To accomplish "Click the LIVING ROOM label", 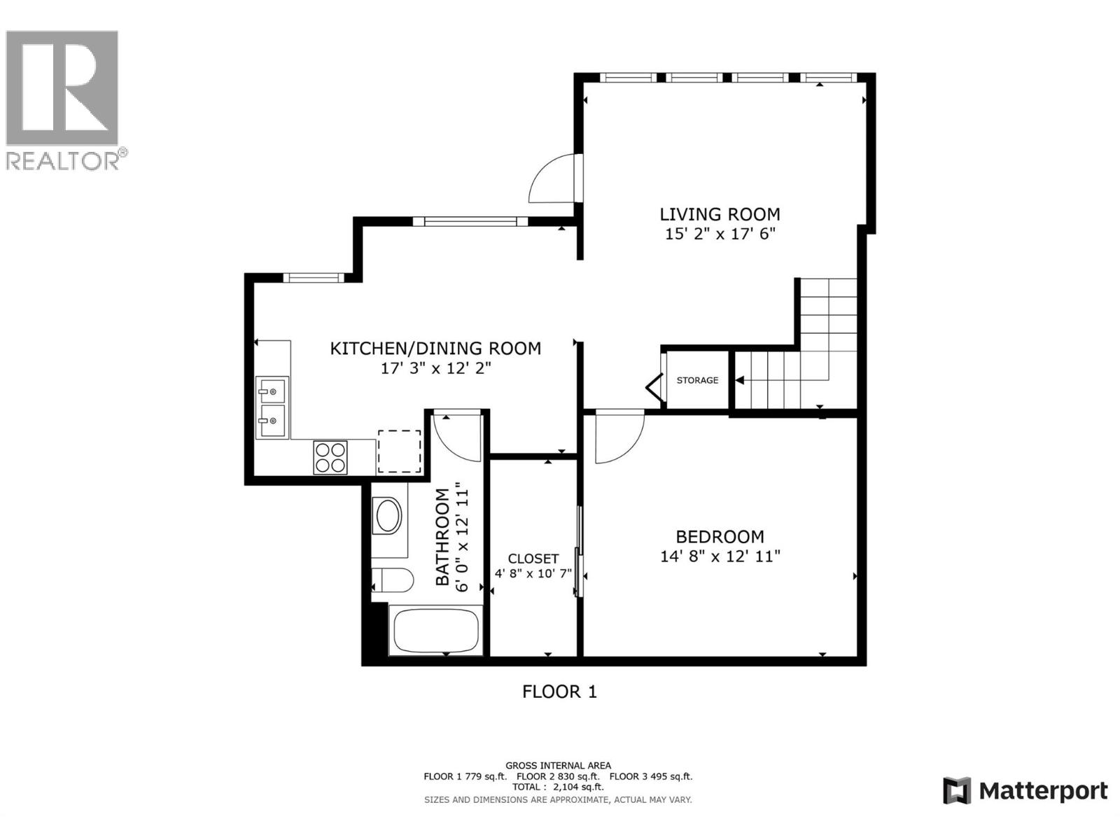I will pos(720,214).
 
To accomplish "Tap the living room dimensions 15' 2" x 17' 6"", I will pos(720,234).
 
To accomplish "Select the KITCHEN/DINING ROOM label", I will pos(435,348).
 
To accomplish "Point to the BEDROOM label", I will pos(720,537).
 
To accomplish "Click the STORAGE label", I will pos(697,380).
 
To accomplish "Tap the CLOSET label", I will pos(533,559).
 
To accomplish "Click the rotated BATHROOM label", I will pos(442,537).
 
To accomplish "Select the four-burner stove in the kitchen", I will pos(330,457).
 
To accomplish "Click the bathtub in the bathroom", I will pos(435,631).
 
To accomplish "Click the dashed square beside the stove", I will pos(400,451).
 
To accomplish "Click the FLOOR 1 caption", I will pos(559,692).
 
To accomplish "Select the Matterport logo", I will pos(1025,791).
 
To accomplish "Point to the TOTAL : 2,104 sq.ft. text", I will pos(558,787).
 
